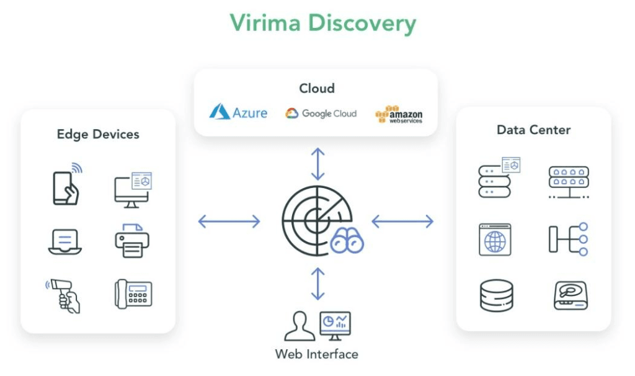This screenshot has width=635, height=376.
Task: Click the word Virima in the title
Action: tap(267, 23)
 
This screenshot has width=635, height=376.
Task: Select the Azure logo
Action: tap(238, 112)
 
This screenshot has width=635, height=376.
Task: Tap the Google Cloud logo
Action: tap(321, 114)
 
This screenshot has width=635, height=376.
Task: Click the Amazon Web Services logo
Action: tap(399, 114)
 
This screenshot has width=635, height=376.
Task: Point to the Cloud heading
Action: tap(317, 88)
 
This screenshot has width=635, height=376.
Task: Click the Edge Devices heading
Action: tap(98, 134)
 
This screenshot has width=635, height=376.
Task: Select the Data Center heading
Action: tap(533, 130)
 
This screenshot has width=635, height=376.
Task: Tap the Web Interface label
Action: tap(317, 354)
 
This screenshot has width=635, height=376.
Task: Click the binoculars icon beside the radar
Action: tap(347, 241)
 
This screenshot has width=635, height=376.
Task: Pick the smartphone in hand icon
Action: tap(66, 184)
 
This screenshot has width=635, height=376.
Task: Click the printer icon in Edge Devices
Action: tap(132, 240)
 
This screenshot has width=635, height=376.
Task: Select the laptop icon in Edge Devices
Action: tap(65, 241)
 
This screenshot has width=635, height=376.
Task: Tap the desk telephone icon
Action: tap(133, 293)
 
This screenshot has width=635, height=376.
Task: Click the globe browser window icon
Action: tap(495, 239)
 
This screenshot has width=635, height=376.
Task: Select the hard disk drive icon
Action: tap(571, 295)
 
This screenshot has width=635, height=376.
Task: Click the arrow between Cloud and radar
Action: tap(317, 164)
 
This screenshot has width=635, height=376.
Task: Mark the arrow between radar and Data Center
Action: tap(402, 221)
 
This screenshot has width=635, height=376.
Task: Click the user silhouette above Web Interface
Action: tap(300, 326)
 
